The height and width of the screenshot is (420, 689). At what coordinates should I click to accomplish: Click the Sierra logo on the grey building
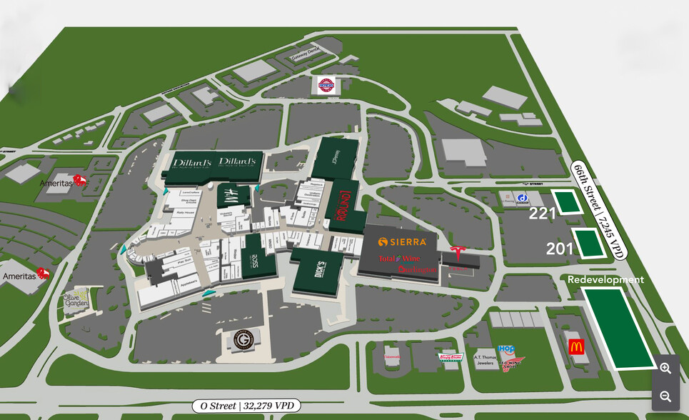pos(407,241)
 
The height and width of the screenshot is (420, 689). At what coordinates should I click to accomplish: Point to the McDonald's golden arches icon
pos(576,347)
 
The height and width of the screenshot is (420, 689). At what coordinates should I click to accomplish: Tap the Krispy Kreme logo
pos(451,357)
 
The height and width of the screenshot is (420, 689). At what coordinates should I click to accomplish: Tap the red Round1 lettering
pos(341,207)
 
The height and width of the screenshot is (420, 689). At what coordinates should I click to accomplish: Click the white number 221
pos(542,213)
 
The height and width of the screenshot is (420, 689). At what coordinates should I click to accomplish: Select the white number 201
pos(560,248)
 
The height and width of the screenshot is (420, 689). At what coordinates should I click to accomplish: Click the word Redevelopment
pos(605,279)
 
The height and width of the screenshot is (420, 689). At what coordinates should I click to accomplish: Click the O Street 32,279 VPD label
pos(246,406)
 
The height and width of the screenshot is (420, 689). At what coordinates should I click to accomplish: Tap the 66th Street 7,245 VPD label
pos(598,206)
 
